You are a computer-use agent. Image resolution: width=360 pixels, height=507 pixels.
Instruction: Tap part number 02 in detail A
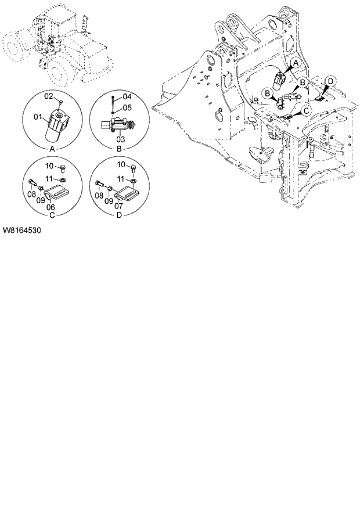coord(49,95)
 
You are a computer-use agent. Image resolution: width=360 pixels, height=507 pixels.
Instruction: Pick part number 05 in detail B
coord(127,107)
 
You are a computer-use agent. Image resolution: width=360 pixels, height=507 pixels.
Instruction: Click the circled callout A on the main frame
coord(295,62)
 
